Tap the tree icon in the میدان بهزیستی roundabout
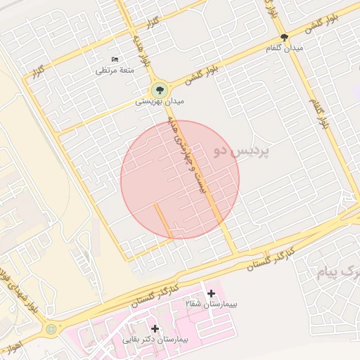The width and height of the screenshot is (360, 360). click(x=160, y=90)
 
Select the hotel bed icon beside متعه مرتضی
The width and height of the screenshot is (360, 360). click(x=116, y=60)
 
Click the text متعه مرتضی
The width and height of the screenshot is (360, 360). click(x=114, y=70)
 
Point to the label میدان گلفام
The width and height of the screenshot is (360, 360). click(x=284, y=48)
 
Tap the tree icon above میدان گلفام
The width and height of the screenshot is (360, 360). click(x=284, y=37)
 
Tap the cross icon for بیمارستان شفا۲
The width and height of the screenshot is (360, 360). click(x=211, y=292)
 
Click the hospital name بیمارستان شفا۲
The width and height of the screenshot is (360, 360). click(x=212, y=304)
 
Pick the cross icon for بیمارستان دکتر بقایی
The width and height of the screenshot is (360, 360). click(x=155, y=328)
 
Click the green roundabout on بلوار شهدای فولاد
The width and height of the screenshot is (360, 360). click(x=51, y=328)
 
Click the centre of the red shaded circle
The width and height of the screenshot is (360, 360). click(x=180, y=180)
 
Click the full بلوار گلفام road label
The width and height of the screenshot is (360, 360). click(x=319, y=112)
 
